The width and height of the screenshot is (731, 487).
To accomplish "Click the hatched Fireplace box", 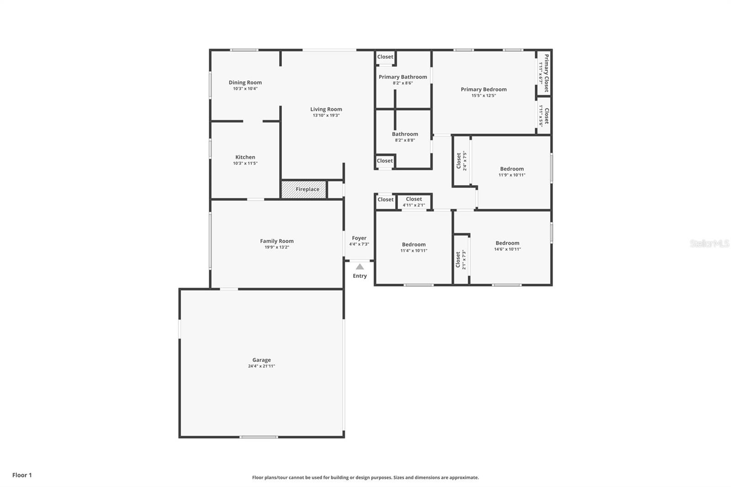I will [303, 189].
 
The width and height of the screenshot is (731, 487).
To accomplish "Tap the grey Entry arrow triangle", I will [360, 267].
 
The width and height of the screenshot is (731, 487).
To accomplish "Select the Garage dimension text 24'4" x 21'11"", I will [261, 366].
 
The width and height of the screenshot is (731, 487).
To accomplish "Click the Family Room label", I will [277, 241].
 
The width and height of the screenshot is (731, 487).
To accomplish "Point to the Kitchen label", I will [245, 157].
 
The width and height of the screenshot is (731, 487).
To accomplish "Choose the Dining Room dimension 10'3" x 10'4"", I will [245, 89].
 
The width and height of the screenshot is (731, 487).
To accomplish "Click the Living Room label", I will [326, 109].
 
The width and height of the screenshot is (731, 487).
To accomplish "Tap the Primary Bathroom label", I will [403, 77].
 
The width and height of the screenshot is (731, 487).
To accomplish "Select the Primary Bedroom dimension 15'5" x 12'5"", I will [483, 95].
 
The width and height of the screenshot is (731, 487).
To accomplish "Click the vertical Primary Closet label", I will [546, 73].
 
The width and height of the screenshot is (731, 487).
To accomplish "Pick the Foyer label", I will [359, 238].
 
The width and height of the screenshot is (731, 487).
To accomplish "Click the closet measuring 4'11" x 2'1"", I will [414, 201].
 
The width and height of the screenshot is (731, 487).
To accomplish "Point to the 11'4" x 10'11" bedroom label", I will [414, 244].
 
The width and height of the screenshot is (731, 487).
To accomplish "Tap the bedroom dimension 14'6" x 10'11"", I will [507, 249].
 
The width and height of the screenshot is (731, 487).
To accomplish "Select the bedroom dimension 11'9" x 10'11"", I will [512, 175].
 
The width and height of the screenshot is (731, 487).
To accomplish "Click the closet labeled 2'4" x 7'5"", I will [461, 161].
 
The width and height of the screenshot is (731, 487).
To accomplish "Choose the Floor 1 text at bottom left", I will [22, 475].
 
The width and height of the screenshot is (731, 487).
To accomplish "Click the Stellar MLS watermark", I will [709, 243].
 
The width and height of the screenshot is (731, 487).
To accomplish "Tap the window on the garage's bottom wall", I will [259, 437].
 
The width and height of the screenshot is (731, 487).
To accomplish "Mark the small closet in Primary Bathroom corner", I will [385, 57].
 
